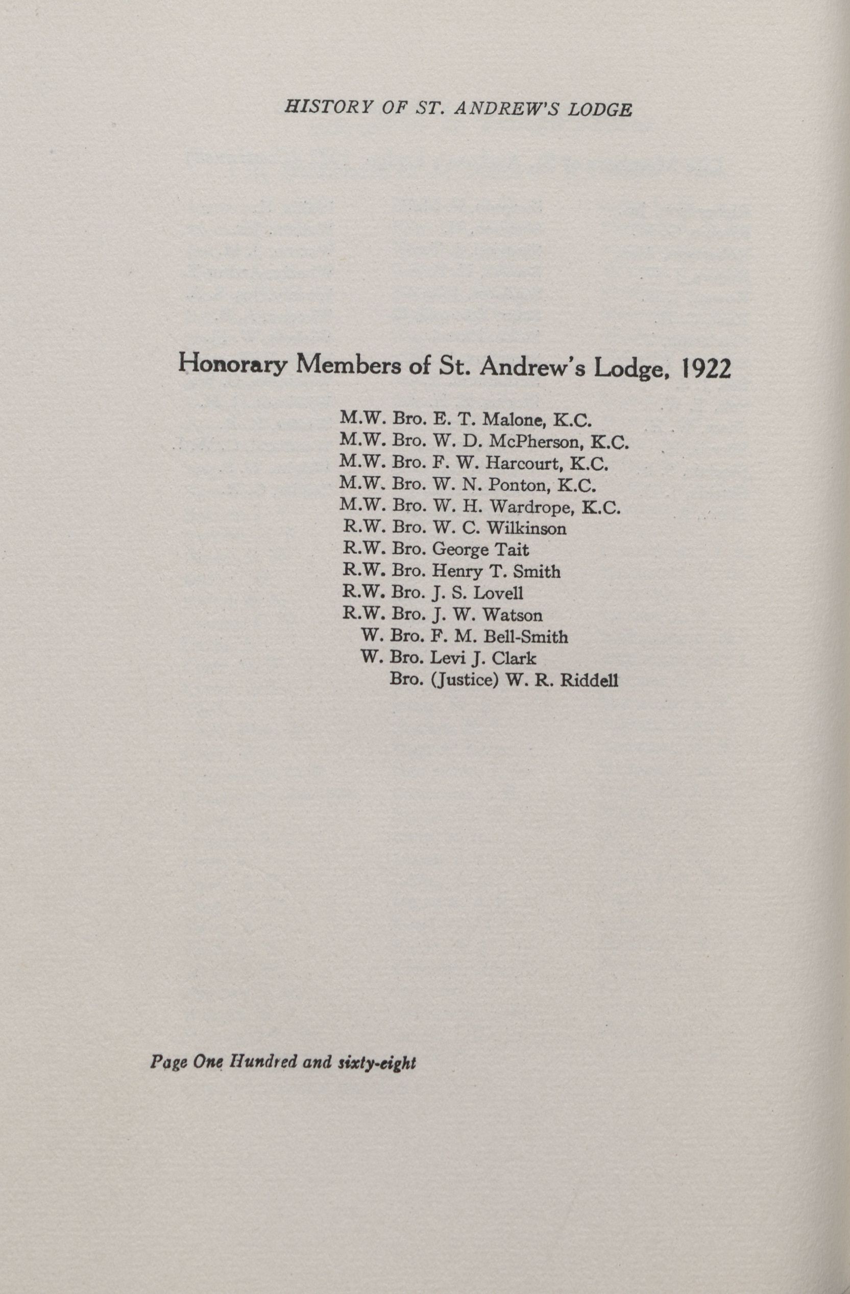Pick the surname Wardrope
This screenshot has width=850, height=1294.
(533, 507)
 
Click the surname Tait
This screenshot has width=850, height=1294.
(511, 550)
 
